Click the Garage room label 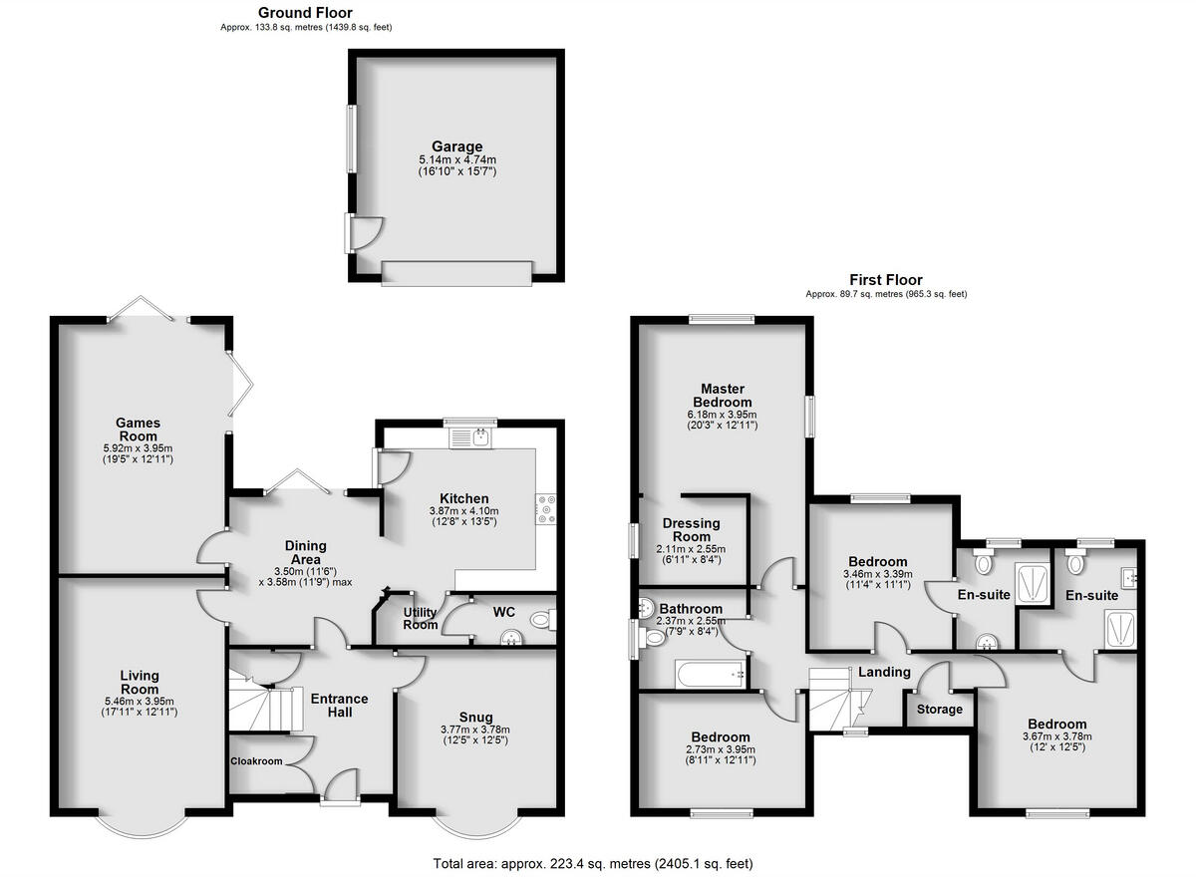(456, 146)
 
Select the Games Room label (138, 430)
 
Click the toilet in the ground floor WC (539, 620)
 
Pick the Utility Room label (421, 619)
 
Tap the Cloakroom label (257, 762)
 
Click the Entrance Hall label (340, 706)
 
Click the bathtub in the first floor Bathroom (711, 674)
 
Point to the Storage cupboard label (940, 710)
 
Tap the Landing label (884, 672)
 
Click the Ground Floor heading (305, 13)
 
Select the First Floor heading (885, 280)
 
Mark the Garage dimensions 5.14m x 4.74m (456, 160)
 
